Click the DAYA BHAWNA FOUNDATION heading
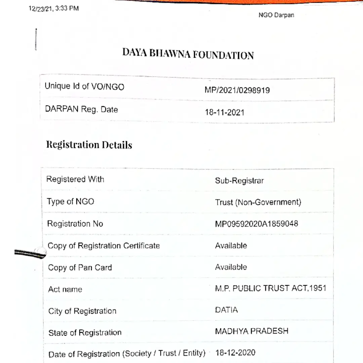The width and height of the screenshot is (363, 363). point(188,54)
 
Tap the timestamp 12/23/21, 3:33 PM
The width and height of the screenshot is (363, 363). point(54,8)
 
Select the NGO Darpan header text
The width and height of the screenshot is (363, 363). point(276,15)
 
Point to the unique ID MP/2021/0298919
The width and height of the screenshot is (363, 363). point(237,90)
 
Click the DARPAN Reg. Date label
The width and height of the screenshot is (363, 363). point(81,109)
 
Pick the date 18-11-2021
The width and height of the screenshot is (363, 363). point(225,112)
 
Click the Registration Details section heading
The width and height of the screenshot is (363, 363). point(89,145)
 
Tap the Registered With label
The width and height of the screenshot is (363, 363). point(75,179)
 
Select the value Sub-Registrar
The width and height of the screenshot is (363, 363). point(239,181)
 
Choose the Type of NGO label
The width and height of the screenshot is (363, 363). point(71,201)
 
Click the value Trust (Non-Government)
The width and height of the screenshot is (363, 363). point(258,202)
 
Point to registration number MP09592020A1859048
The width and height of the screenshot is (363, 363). point(256,224)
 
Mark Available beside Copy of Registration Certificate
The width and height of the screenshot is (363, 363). point(231,246)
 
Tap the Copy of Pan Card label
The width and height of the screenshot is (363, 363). point(80,268)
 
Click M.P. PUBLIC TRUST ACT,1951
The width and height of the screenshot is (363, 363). point(271,288)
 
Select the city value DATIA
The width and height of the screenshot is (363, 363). point(226,310)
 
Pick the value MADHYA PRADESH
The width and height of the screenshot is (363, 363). point(252,331)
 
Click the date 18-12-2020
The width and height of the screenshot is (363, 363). point(235,353)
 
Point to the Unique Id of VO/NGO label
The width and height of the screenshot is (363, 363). point(84,86)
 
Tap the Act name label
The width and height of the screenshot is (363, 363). point(65,289)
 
